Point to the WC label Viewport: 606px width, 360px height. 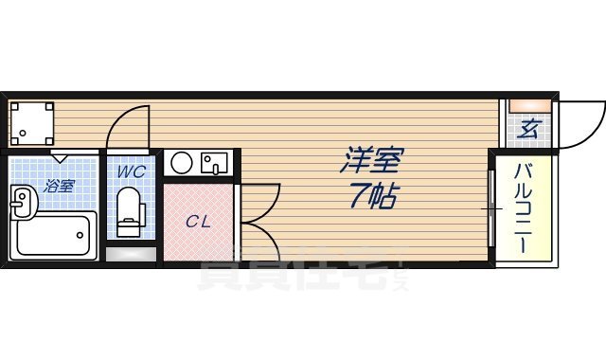coord(130,171)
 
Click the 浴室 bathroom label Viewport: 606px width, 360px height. coord(58,186)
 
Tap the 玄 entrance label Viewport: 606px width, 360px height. coord(528,129)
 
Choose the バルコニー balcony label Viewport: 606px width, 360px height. coord(523,209)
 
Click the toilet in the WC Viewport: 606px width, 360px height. coord(128,212)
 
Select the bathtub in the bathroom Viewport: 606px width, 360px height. coord(57,234)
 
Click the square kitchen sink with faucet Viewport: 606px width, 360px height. coord(214,163)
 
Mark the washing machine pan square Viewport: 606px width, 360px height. coord(31,122)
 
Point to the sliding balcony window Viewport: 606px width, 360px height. coord(492,208)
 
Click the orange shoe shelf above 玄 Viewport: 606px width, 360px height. coord(528,104)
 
